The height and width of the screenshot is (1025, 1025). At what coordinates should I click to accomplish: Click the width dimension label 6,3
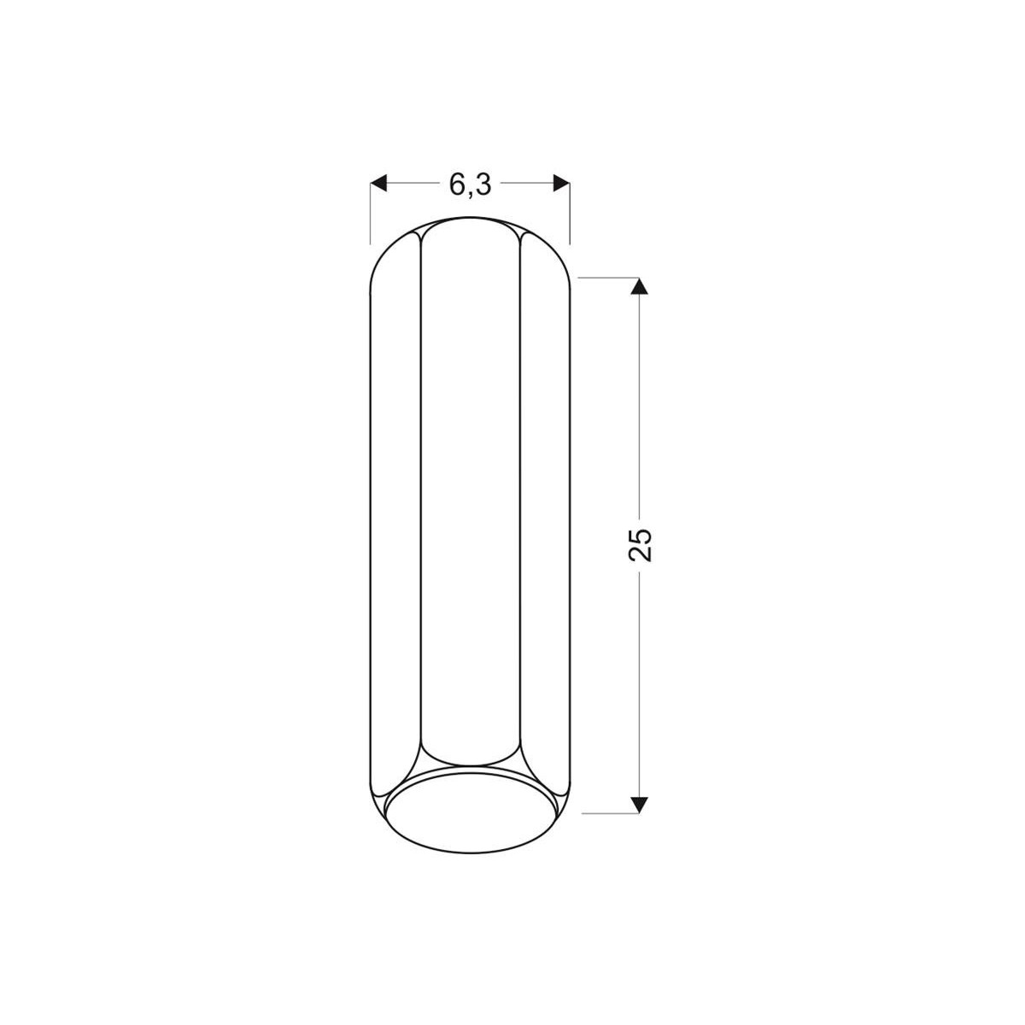[470, 185]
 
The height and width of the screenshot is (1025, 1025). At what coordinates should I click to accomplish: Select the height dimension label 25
[640, 544]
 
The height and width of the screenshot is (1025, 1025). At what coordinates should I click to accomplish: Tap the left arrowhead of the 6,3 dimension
[378, 183]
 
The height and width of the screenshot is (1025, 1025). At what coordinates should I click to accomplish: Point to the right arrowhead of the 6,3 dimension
[561, 183]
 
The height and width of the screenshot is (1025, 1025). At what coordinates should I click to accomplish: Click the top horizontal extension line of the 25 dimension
[608, 278]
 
